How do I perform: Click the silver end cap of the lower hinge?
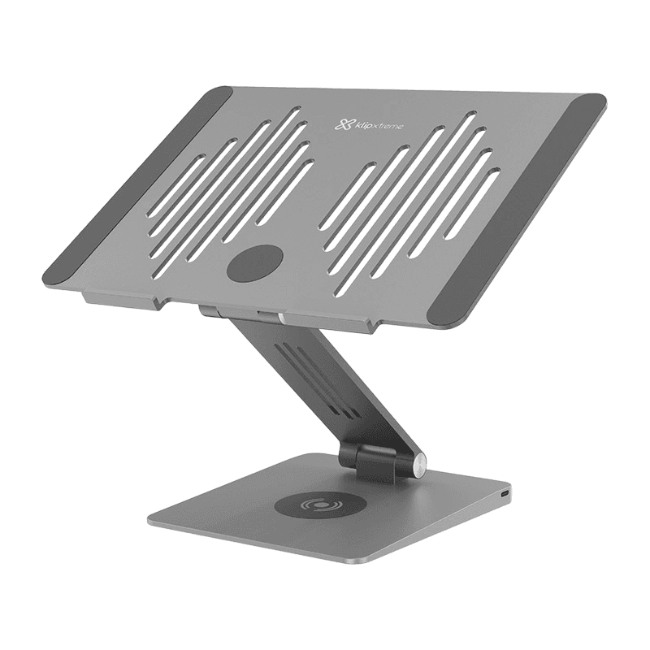419,465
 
